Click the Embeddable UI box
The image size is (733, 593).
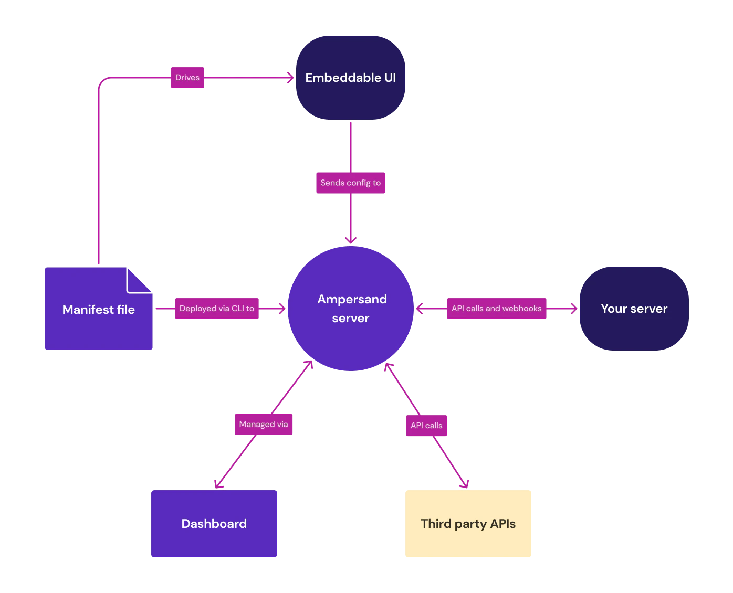pyautogui.click(x=350, y=78)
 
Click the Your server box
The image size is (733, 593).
pyautogui.click(x=634, y=309)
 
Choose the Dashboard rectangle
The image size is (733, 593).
pyautogui.click(x=214, y=523)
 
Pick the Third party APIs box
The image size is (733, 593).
pyautogui.click(x=468, y=523)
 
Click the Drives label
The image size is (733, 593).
pyautogui.click(x=187, y=78)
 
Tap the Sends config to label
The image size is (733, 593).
pyautogui.click(x=350, y=183)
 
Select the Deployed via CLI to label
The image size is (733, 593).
pyautogui.click(x=216, y=309)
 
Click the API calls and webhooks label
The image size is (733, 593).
pyautogui.click(x=496, y=309)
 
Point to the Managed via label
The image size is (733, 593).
pyautogui.click(x=263, y=424)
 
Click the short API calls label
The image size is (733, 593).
pyautogui.click(x=426, y=426)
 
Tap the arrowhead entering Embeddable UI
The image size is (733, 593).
pyautogui.click(x=289, y=78)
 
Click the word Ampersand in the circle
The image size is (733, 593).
pyautogui.click(x=352, y=299)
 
